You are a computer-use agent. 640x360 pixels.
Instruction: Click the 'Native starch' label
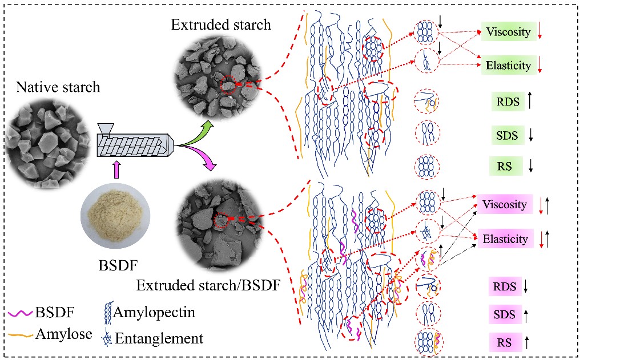tap(58, 88)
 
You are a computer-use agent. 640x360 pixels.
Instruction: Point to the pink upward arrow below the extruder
tap(117, 170)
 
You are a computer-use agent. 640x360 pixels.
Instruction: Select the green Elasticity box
tap(508, 66)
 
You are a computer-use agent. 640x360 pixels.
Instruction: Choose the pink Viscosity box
tap(504, 204)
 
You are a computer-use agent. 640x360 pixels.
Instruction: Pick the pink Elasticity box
tap(505, 239)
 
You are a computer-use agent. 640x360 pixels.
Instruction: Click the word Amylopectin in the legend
tap(154, 313)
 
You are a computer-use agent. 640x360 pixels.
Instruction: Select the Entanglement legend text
tap(159, 338)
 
